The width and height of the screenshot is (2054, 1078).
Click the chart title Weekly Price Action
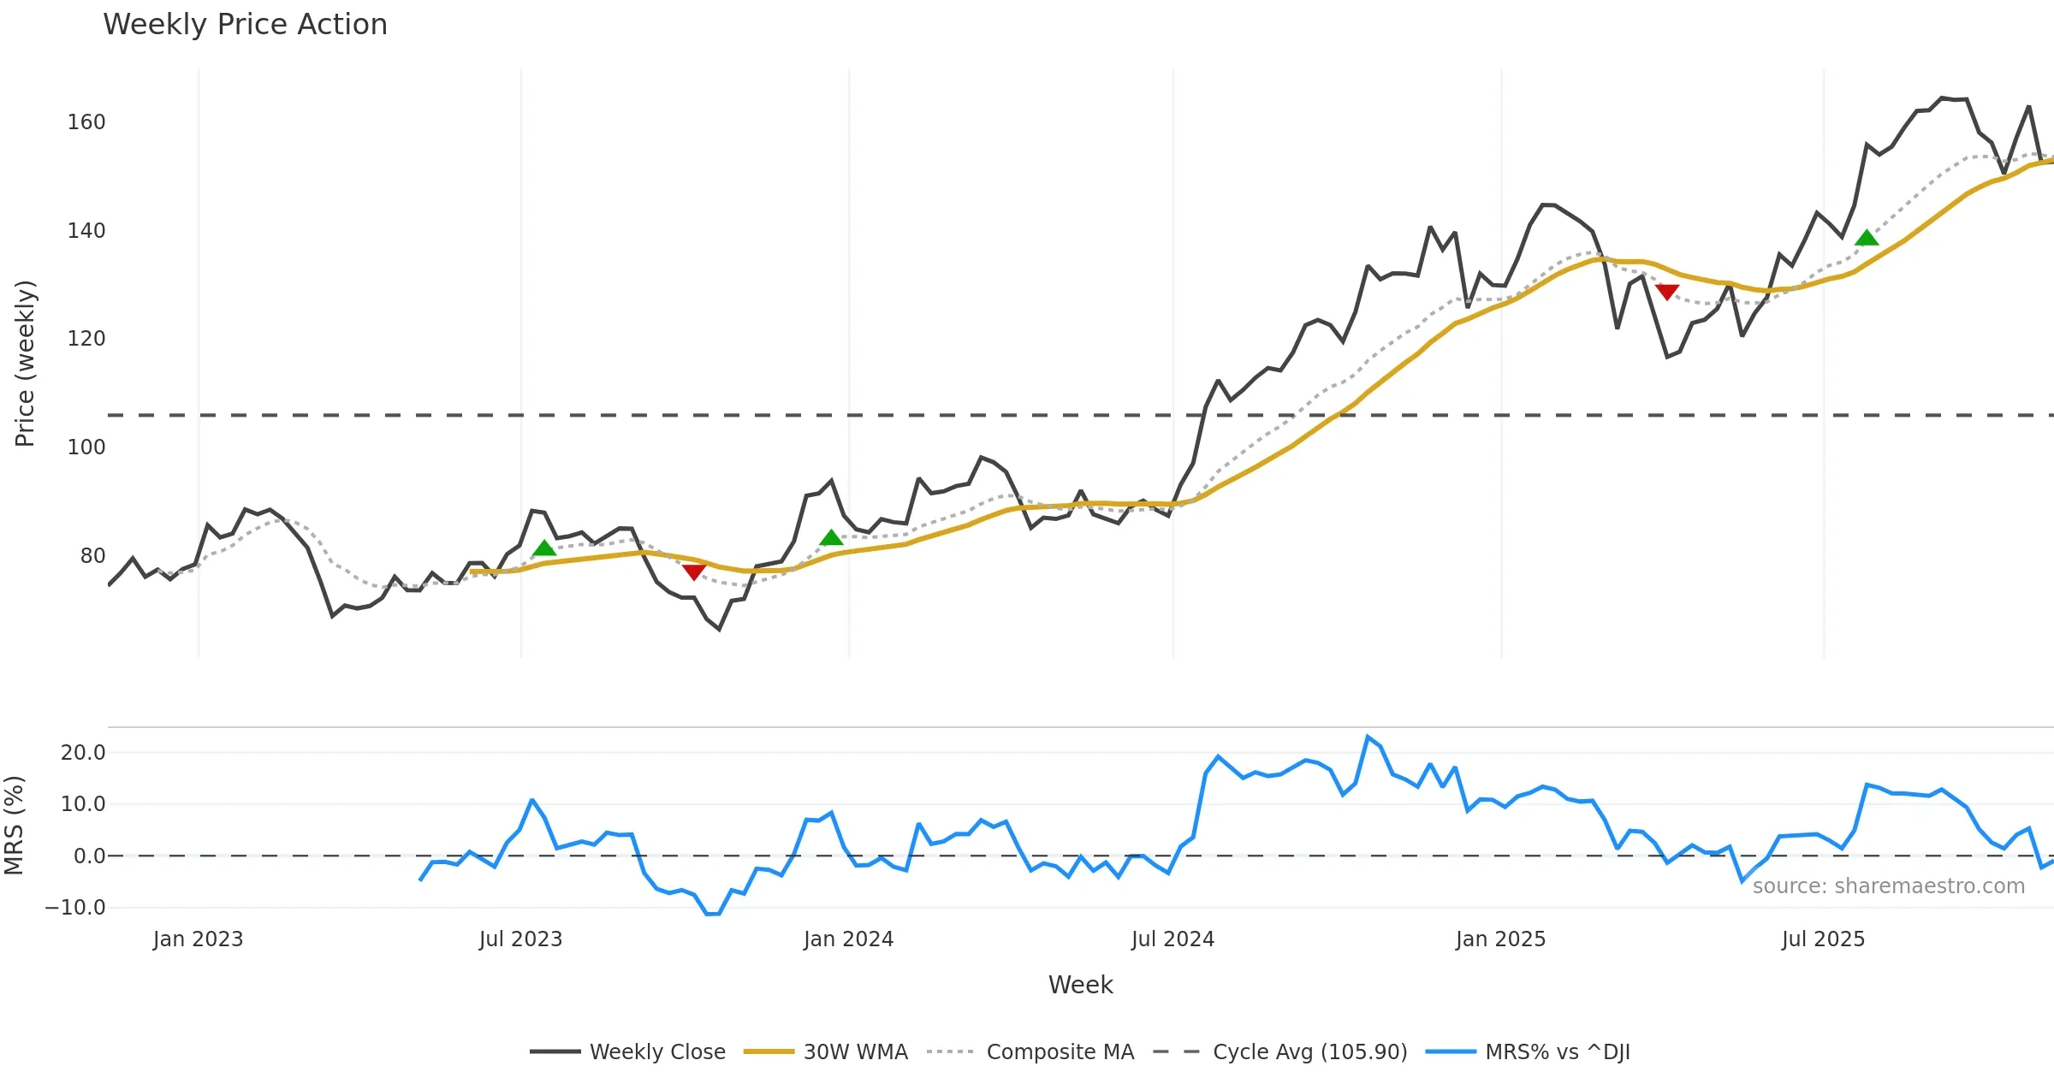pos(245,25)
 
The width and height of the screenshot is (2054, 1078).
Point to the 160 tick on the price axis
pos(86,122)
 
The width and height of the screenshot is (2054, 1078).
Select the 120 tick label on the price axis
pos(86,339)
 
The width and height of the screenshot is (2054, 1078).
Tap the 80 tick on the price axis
pos(92,556)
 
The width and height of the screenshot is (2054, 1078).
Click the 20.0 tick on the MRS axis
pos(83,753)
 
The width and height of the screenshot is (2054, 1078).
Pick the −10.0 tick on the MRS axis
pos(75,908)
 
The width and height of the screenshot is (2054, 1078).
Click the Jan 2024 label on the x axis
pos(848,939)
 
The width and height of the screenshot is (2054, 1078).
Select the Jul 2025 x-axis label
pos(1823,939)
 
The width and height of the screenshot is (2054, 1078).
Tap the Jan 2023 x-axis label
pos(198,939)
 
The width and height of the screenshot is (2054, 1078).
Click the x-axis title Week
pos(1080,986)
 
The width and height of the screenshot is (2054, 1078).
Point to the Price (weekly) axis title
pos(25,364)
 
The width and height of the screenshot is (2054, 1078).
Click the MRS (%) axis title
pos(14,826)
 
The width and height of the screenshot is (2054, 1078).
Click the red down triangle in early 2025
pos(1666,292)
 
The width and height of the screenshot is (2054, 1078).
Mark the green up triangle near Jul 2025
pos(1867,238)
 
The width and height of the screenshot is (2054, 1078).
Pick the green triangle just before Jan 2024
pos(831,538)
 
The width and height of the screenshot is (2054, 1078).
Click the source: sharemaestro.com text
pos(1888,886)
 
